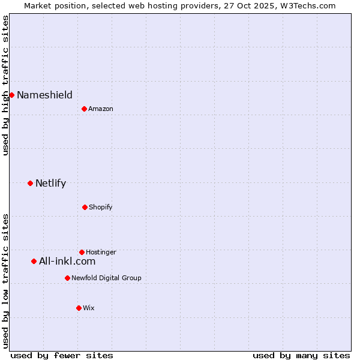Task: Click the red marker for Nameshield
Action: pos(11,95)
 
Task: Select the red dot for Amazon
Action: pos(84,109)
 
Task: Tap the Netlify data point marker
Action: pos(30,183)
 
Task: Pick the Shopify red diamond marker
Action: pos(85,207)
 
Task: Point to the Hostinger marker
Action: pos(82,252)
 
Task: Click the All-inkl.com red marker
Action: pos(34,261)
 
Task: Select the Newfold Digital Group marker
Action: pos(67,278)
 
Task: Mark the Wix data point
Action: pos(79,308)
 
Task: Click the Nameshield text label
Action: pos(44,95)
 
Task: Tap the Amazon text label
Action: pos(101,109)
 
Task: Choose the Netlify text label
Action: pos(50,183)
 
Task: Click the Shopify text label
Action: pos(101,207)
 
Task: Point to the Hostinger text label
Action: pos(101,252)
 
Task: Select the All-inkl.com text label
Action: pos(67,261)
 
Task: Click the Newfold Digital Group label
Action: pos(106,278)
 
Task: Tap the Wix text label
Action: pos(89,308)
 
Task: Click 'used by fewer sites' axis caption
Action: pos(62,355)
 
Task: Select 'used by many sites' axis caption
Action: pos(301,355)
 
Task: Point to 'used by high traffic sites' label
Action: pos(5,85)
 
